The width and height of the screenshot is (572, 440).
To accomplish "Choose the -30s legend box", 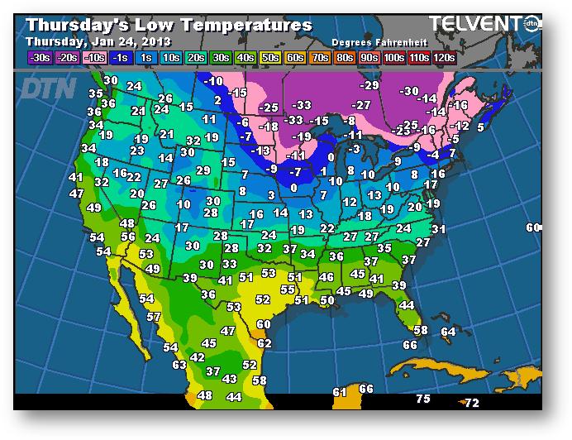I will click(x=39, y=57).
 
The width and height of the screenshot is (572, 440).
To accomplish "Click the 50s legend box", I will click(x=269, y=57).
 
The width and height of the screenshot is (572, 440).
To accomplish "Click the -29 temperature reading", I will click(x=369, y=85).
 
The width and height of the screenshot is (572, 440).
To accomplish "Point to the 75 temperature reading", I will click(x=423, y=399).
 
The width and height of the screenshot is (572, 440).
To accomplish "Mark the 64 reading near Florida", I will click(x=448, y=332).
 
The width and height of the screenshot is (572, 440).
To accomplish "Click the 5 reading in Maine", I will click(x=480, y=127).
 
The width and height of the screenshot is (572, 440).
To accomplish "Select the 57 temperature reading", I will click(x=153, y=317).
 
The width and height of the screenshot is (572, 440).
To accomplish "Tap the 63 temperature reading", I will click(x=179, y=365).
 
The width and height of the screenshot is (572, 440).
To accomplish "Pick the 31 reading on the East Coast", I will click(x=438, y=229).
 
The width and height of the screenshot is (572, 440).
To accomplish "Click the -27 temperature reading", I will click(x=360, y=105).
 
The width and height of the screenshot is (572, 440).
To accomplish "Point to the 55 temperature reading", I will click(x=287, y=289).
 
